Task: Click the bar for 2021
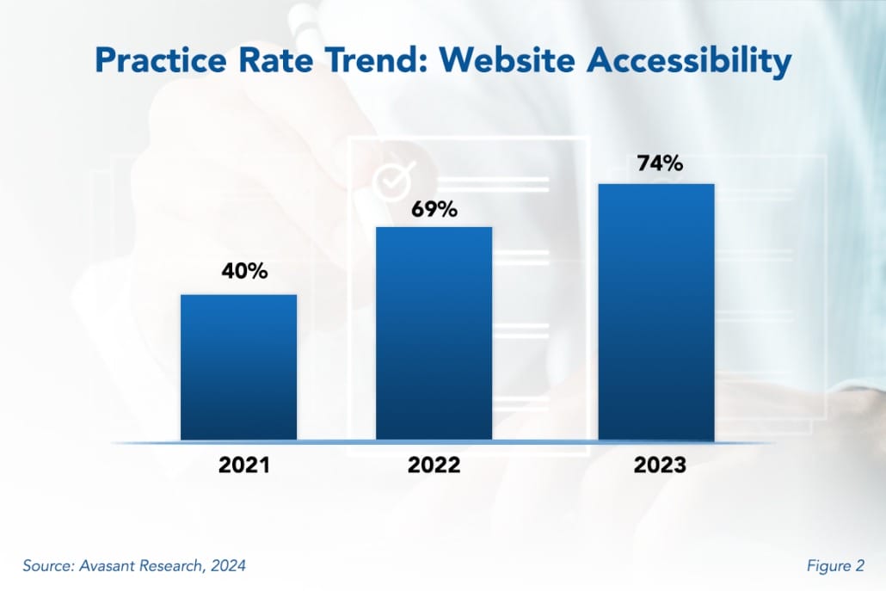coord(238,367)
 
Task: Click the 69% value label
coord(434,208)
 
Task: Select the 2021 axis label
coord(243,465)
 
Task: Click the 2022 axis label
coord(434,465)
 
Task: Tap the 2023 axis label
coord(660,465)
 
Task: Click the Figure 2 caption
coord(835,565)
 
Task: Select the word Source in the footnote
coord(48,565)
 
